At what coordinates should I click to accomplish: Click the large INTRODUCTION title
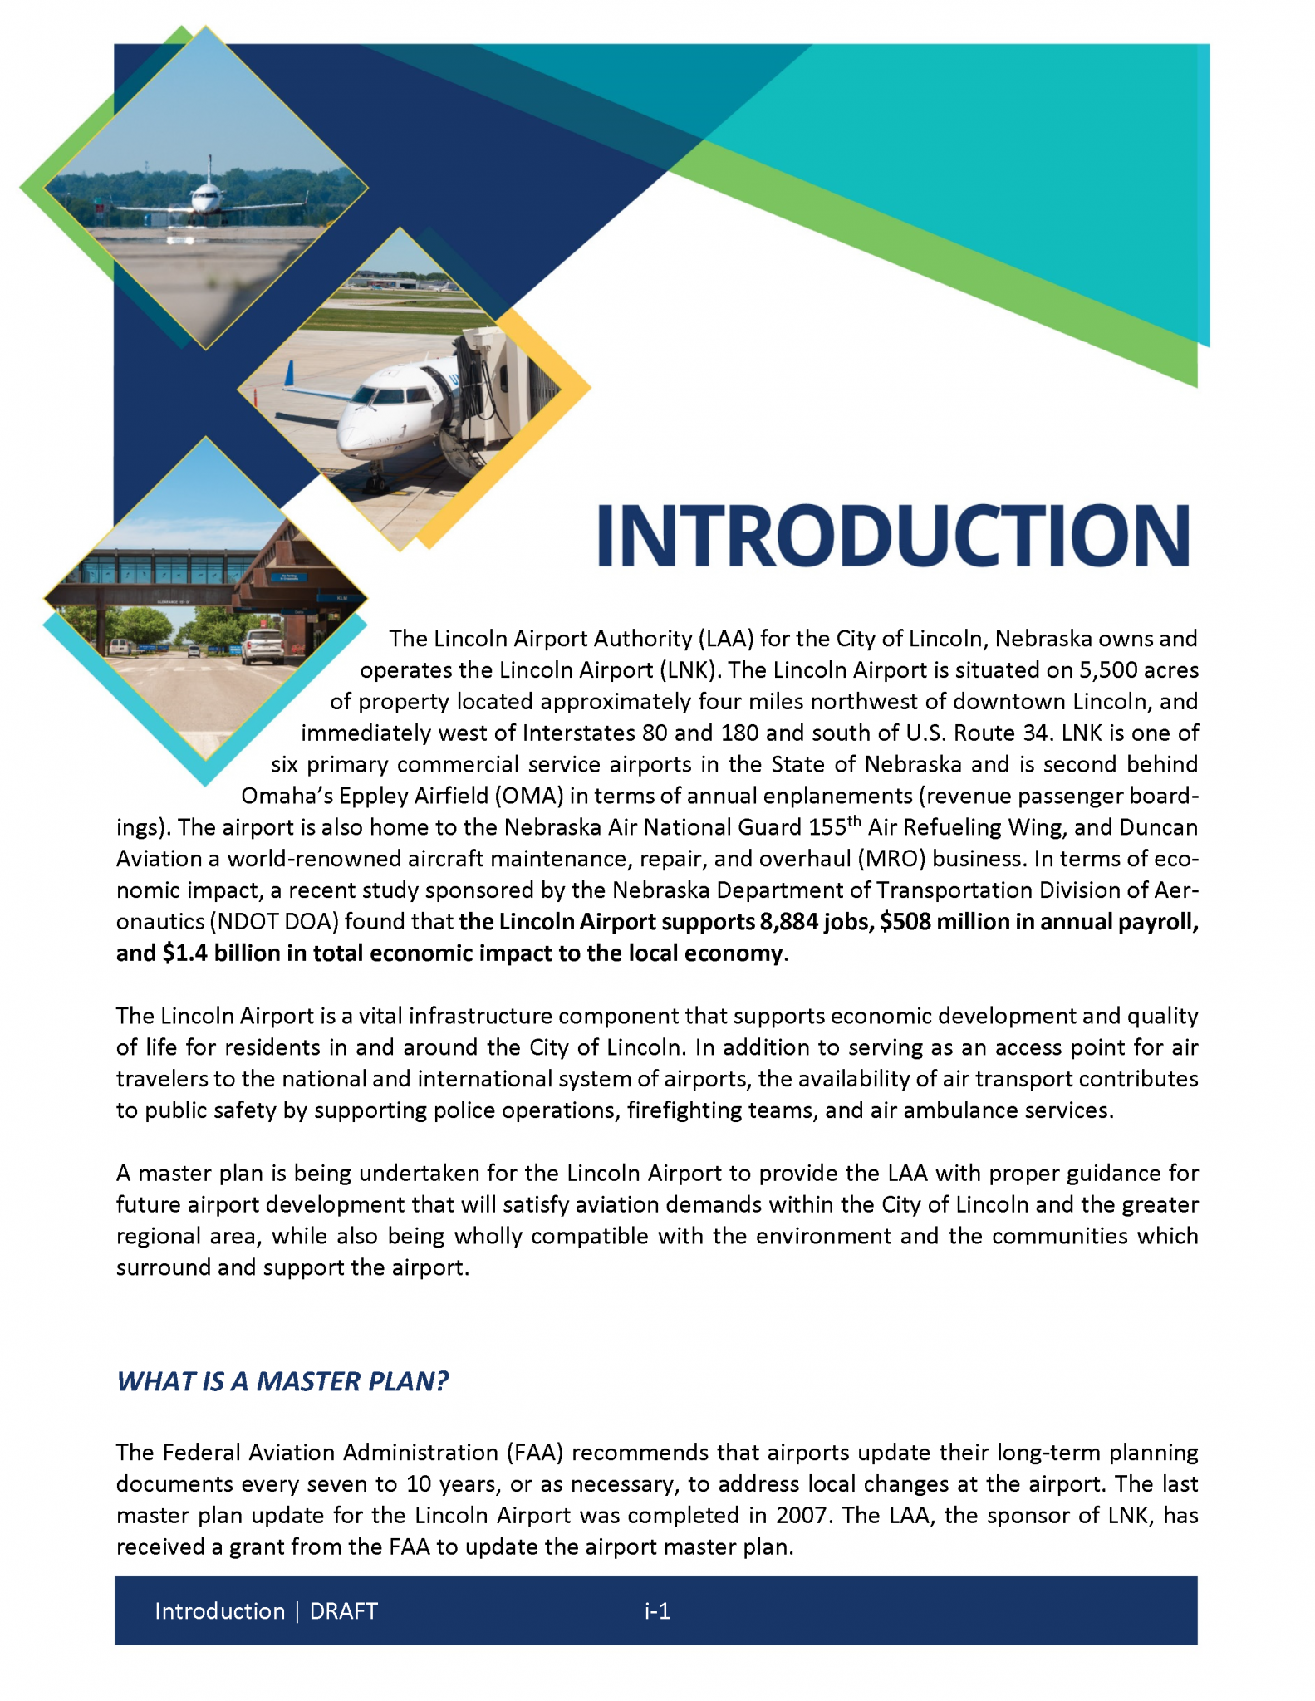click(x=893, y=536)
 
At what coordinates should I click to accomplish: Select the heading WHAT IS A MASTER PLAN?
click(x=282, y=1380)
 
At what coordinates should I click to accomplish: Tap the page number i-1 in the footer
click(x=657, y=1611)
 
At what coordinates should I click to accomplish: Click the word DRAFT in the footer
click(x=344, y=1611)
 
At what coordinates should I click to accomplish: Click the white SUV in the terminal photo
click(x=262, y=646)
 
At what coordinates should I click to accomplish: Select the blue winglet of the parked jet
click(x=290, y=373)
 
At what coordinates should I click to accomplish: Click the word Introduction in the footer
click(x=219, y=1611)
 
